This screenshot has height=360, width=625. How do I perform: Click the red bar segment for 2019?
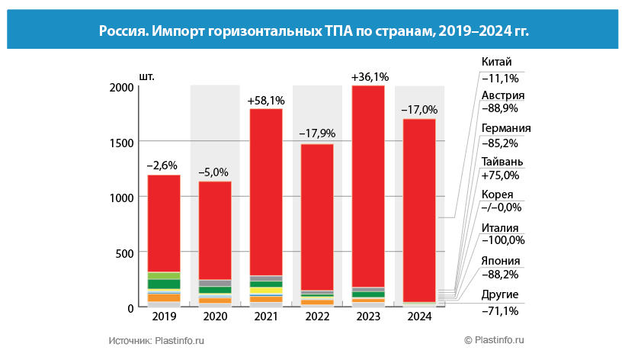(x=164, y=223)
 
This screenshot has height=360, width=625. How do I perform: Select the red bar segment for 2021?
(x=266, y=191)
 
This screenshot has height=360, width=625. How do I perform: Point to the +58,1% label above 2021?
(x=266, y=100)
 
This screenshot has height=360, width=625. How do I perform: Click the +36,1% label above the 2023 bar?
(x=370, y=76)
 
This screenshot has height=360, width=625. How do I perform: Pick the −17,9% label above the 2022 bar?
(x=317, y=133)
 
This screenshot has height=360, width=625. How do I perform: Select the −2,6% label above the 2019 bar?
(x=164, y=165)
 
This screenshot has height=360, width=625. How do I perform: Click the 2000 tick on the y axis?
(x=121, y=87)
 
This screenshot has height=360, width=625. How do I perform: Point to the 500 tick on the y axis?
(x=125, y=252)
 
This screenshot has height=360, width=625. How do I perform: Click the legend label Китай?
(x=497, y=62)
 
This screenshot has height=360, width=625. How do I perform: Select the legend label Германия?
(x=506, y=128)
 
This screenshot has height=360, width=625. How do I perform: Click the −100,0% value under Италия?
(x=503, y=241)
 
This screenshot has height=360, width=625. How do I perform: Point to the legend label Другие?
(x=500, y=294)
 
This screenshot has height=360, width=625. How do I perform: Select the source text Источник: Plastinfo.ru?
(x=157, y=340)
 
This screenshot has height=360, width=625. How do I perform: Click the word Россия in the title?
(x=123, y=31)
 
